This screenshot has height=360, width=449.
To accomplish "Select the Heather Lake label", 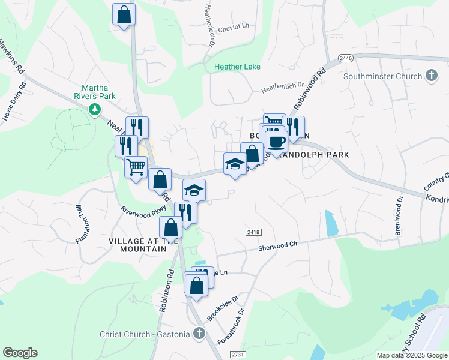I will (238, 67).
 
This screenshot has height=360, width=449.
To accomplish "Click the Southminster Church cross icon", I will (431, 76).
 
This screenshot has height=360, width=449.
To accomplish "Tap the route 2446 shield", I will (345, 58).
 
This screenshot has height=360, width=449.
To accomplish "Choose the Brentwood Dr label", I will (400, 212).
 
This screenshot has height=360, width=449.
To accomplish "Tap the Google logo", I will (20, 353).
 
